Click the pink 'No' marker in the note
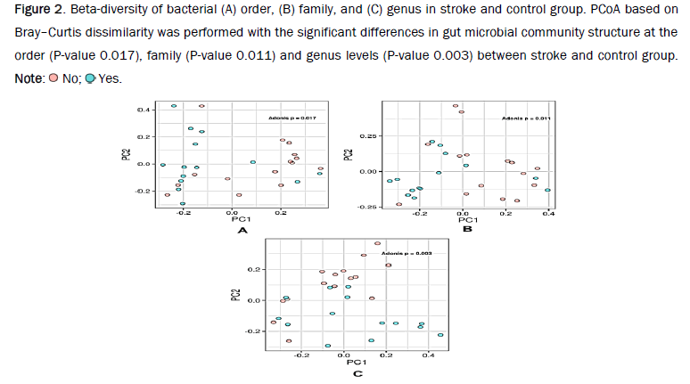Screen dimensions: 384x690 (x=53, y=78)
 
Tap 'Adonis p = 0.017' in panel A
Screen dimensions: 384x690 (x=292, y=118)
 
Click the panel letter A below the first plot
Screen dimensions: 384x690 (x=242, y=231)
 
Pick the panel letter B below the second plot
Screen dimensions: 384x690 (x=466, y=229)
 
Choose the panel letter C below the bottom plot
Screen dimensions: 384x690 (x=357, y=373)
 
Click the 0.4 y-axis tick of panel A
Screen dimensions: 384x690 (x=144, y=110)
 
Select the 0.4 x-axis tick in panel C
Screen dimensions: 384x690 (x=429, y=355)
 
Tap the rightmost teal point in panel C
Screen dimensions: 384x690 (x=440, y=335)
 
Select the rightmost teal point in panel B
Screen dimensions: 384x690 (x=547, y=190)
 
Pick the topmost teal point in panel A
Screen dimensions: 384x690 (x=174, y=106)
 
